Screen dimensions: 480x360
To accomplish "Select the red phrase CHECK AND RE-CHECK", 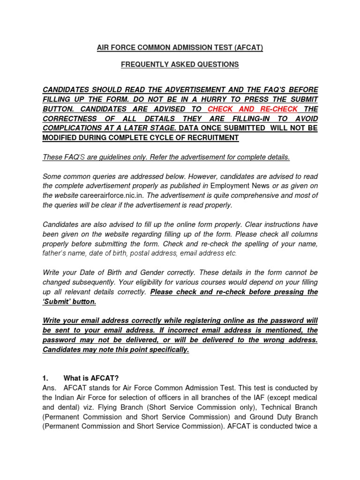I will point(253,109).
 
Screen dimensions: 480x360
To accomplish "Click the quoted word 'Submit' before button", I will point(57,302).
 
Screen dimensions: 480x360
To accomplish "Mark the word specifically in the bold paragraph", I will point(167,350).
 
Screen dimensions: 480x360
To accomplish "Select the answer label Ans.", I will point(49,388).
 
